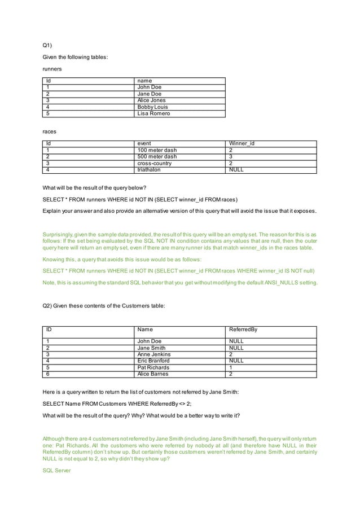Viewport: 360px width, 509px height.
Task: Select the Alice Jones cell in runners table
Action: (x=151, y=100)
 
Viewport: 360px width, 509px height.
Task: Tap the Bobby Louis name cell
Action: (x=152, y=107)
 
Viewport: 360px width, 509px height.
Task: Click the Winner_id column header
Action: (x=241, y=143)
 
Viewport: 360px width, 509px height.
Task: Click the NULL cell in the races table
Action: (x=235, y=169)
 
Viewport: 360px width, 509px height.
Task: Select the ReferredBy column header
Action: (x=243, y=330)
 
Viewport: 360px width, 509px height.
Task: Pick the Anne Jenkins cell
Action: (x=154, y=354)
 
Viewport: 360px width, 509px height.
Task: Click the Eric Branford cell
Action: (x=154, y=361)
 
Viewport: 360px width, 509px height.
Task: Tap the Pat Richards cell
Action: (x=153, y=367)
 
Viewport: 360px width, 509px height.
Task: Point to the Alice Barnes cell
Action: (x=153, y=374)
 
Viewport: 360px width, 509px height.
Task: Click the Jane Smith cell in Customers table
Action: (x=151, y=348)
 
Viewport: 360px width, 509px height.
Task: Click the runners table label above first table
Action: (x=52, y=69)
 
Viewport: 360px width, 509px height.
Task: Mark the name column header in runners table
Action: (x=144, y=81)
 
